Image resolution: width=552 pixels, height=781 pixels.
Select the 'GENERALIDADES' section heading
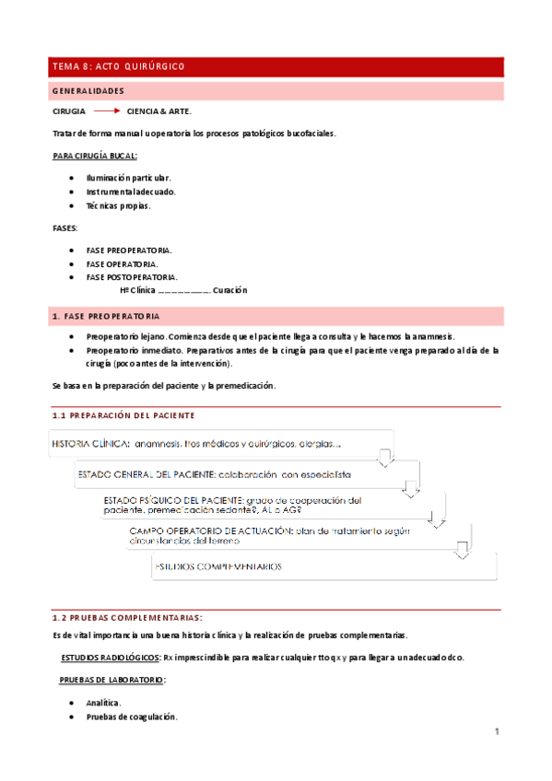(88, 91)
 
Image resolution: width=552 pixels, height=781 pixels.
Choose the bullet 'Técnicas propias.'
(118, 205)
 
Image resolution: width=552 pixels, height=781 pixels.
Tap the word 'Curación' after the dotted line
(229, 291)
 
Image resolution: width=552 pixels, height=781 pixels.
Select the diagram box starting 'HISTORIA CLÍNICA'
(221, 444)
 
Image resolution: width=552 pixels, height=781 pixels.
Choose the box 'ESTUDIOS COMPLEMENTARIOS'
(323, 566)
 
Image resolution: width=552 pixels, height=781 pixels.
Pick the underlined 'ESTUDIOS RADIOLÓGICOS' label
(110, 658)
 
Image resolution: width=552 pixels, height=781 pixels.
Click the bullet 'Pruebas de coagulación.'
(132, 717)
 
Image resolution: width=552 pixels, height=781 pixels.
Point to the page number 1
(496, 732)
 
